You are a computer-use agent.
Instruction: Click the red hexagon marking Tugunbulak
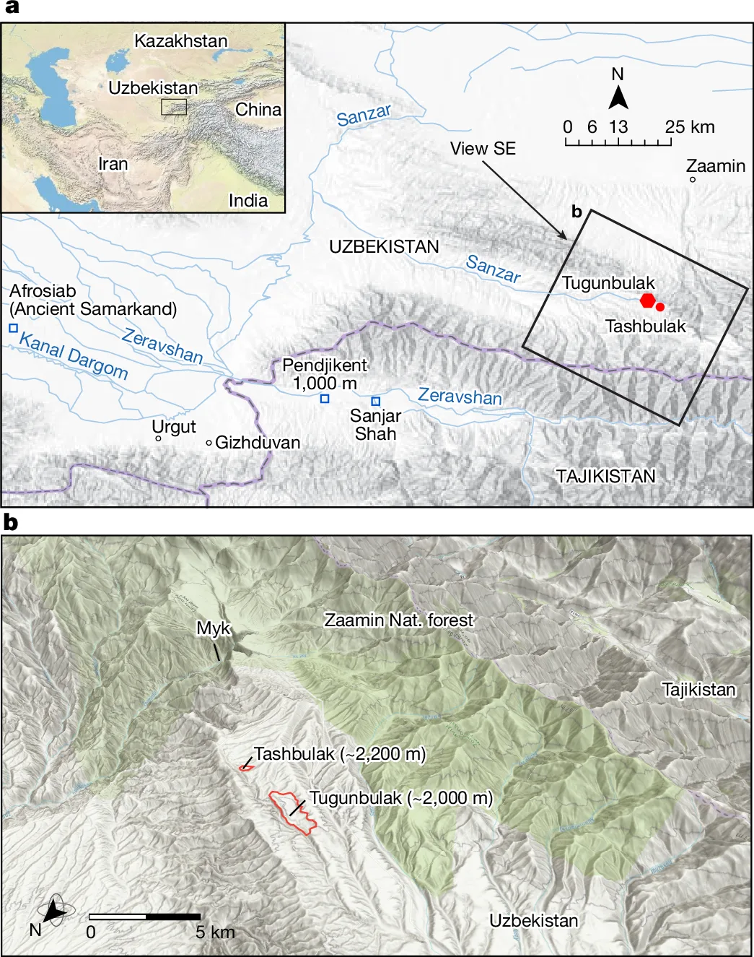pos(648,300)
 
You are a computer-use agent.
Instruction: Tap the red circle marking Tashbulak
pos(660,307)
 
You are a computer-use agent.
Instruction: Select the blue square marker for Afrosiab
pos(13,328)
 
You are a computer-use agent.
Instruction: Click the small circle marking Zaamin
pos(693,179)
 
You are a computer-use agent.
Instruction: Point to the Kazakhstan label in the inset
pos(180,41)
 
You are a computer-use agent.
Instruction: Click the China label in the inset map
pos(258,110)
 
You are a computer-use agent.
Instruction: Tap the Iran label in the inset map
pos(113,164)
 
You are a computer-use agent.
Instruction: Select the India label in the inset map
pos(247,200)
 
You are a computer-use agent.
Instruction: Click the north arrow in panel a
pos(618,97)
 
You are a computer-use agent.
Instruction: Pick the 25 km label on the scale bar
pos(690,127)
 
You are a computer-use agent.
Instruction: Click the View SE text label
pos(483,149)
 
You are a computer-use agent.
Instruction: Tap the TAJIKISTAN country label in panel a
pos(605,476)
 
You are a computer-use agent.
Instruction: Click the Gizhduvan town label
pos(257,443)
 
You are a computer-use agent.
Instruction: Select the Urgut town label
pos(174,427)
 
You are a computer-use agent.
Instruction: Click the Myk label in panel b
pos(213,628)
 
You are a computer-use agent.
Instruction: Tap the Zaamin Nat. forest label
pos(398,620)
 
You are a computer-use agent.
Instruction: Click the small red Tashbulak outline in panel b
pos(246,766)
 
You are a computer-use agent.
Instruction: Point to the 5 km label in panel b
pos(215,932)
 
